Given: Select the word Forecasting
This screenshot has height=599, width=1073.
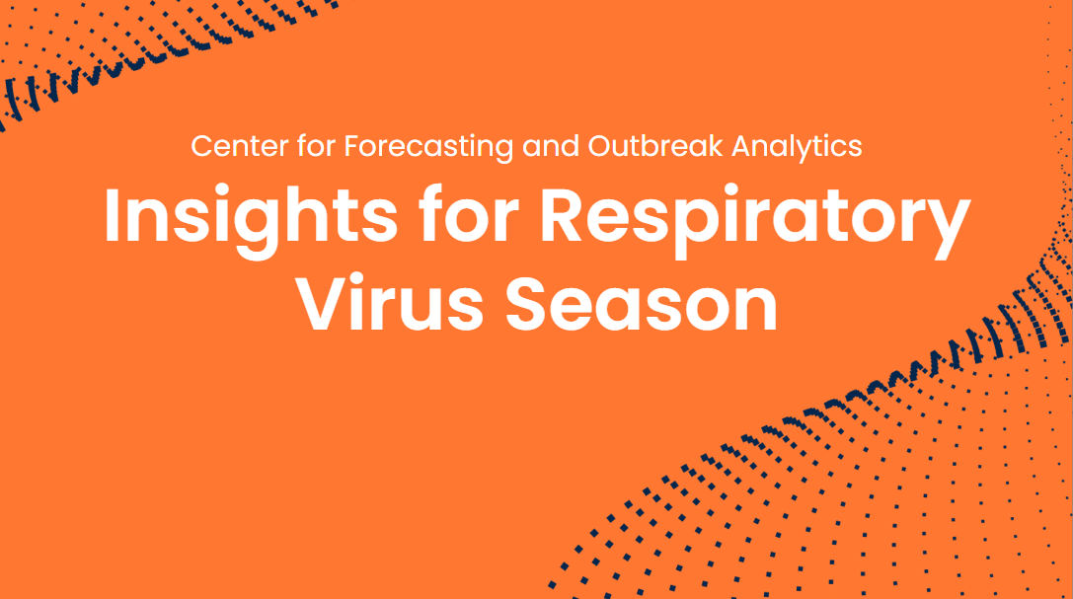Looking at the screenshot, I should tap(427, 147).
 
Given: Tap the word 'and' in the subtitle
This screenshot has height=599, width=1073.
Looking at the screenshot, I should tap(551, 147).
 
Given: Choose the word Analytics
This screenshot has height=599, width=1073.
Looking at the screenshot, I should tap(798, 147).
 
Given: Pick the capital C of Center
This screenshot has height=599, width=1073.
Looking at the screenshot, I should tap(202, 147).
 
